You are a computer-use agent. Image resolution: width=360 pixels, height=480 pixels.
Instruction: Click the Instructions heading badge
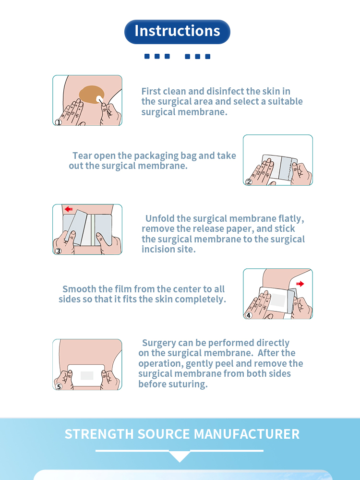click(177, 32)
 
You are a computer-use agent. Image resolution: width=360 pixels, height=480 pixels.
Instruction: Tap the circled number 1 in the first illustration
click(59, 122)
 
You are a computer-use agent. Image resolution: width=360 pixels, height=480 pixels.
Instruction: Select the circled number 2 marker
click(249, 182)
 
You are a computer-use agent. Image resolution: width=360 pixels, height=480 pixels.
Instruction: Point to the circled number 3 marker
click(58, 251)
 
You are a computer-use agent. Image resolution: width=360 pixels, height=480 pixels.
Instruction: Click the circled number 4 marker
click(249, 315)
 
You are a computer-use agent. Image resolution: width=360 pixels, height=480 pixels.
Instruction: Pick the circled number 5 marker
click(59, 386)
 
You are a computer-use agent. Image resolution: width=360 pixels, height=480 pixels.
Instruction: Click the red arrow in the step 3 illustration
click(69, 209)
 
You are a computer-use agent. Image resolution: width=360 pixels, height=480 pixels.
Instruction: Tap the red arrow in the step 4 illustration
click(300, 284)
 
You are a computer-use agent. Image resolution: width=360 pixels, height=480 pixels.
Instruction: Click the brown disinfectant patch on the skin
click(91, 94)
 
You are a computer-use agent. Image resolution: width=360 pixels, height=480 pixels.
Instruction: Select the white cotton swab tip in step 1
click(99, 99)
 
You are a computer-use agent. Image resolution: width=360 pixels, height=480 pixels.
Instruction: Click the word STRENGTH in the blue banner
click(99, 434)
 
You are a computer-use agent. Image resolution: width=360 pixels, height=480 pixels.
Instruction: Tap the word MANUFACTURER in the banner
click(247, 434)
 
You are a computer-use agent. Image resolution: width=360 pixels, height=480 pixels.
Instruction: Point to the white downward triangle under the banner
click(180, 456)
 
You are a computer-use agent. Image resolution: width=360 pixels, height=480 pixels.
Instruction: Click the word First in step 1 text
click(153, 91)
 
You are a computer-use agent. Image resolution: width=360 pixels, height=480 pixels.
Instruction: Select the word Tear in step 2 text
click(82, 156)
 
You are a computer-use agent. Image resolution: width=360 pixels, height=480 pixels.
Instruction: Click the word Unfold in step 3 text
click(160, 218)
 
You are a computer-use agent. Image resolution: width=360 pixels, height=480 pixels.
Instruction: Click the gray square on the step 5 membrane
click(87, 376)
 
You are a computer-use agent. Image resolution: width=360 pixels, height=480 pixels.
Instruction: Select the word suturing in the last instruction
click(190, 384)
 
